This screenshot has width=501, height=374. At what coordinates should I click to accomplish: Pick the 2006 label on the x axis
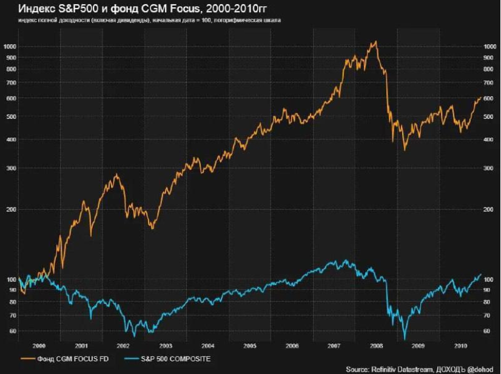pos(292,346)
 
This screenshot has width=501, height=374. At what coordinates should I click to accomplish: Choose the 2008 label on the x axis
pos(376,346)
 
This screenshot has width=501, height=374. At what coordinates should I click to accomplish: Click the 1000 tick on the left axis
pos(10,46)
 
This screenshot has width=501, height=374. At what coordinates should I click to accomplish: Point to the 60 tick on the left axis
pos(13,331)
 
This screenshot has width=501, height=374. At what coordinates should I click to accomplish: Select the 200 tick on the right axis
pos(489,209)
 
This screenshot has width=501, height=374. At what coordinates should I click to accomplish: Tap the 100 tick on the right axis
pos(489,279)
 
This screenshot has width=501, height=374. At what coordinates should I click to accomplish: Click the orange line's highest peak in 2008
pos(376,41)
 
